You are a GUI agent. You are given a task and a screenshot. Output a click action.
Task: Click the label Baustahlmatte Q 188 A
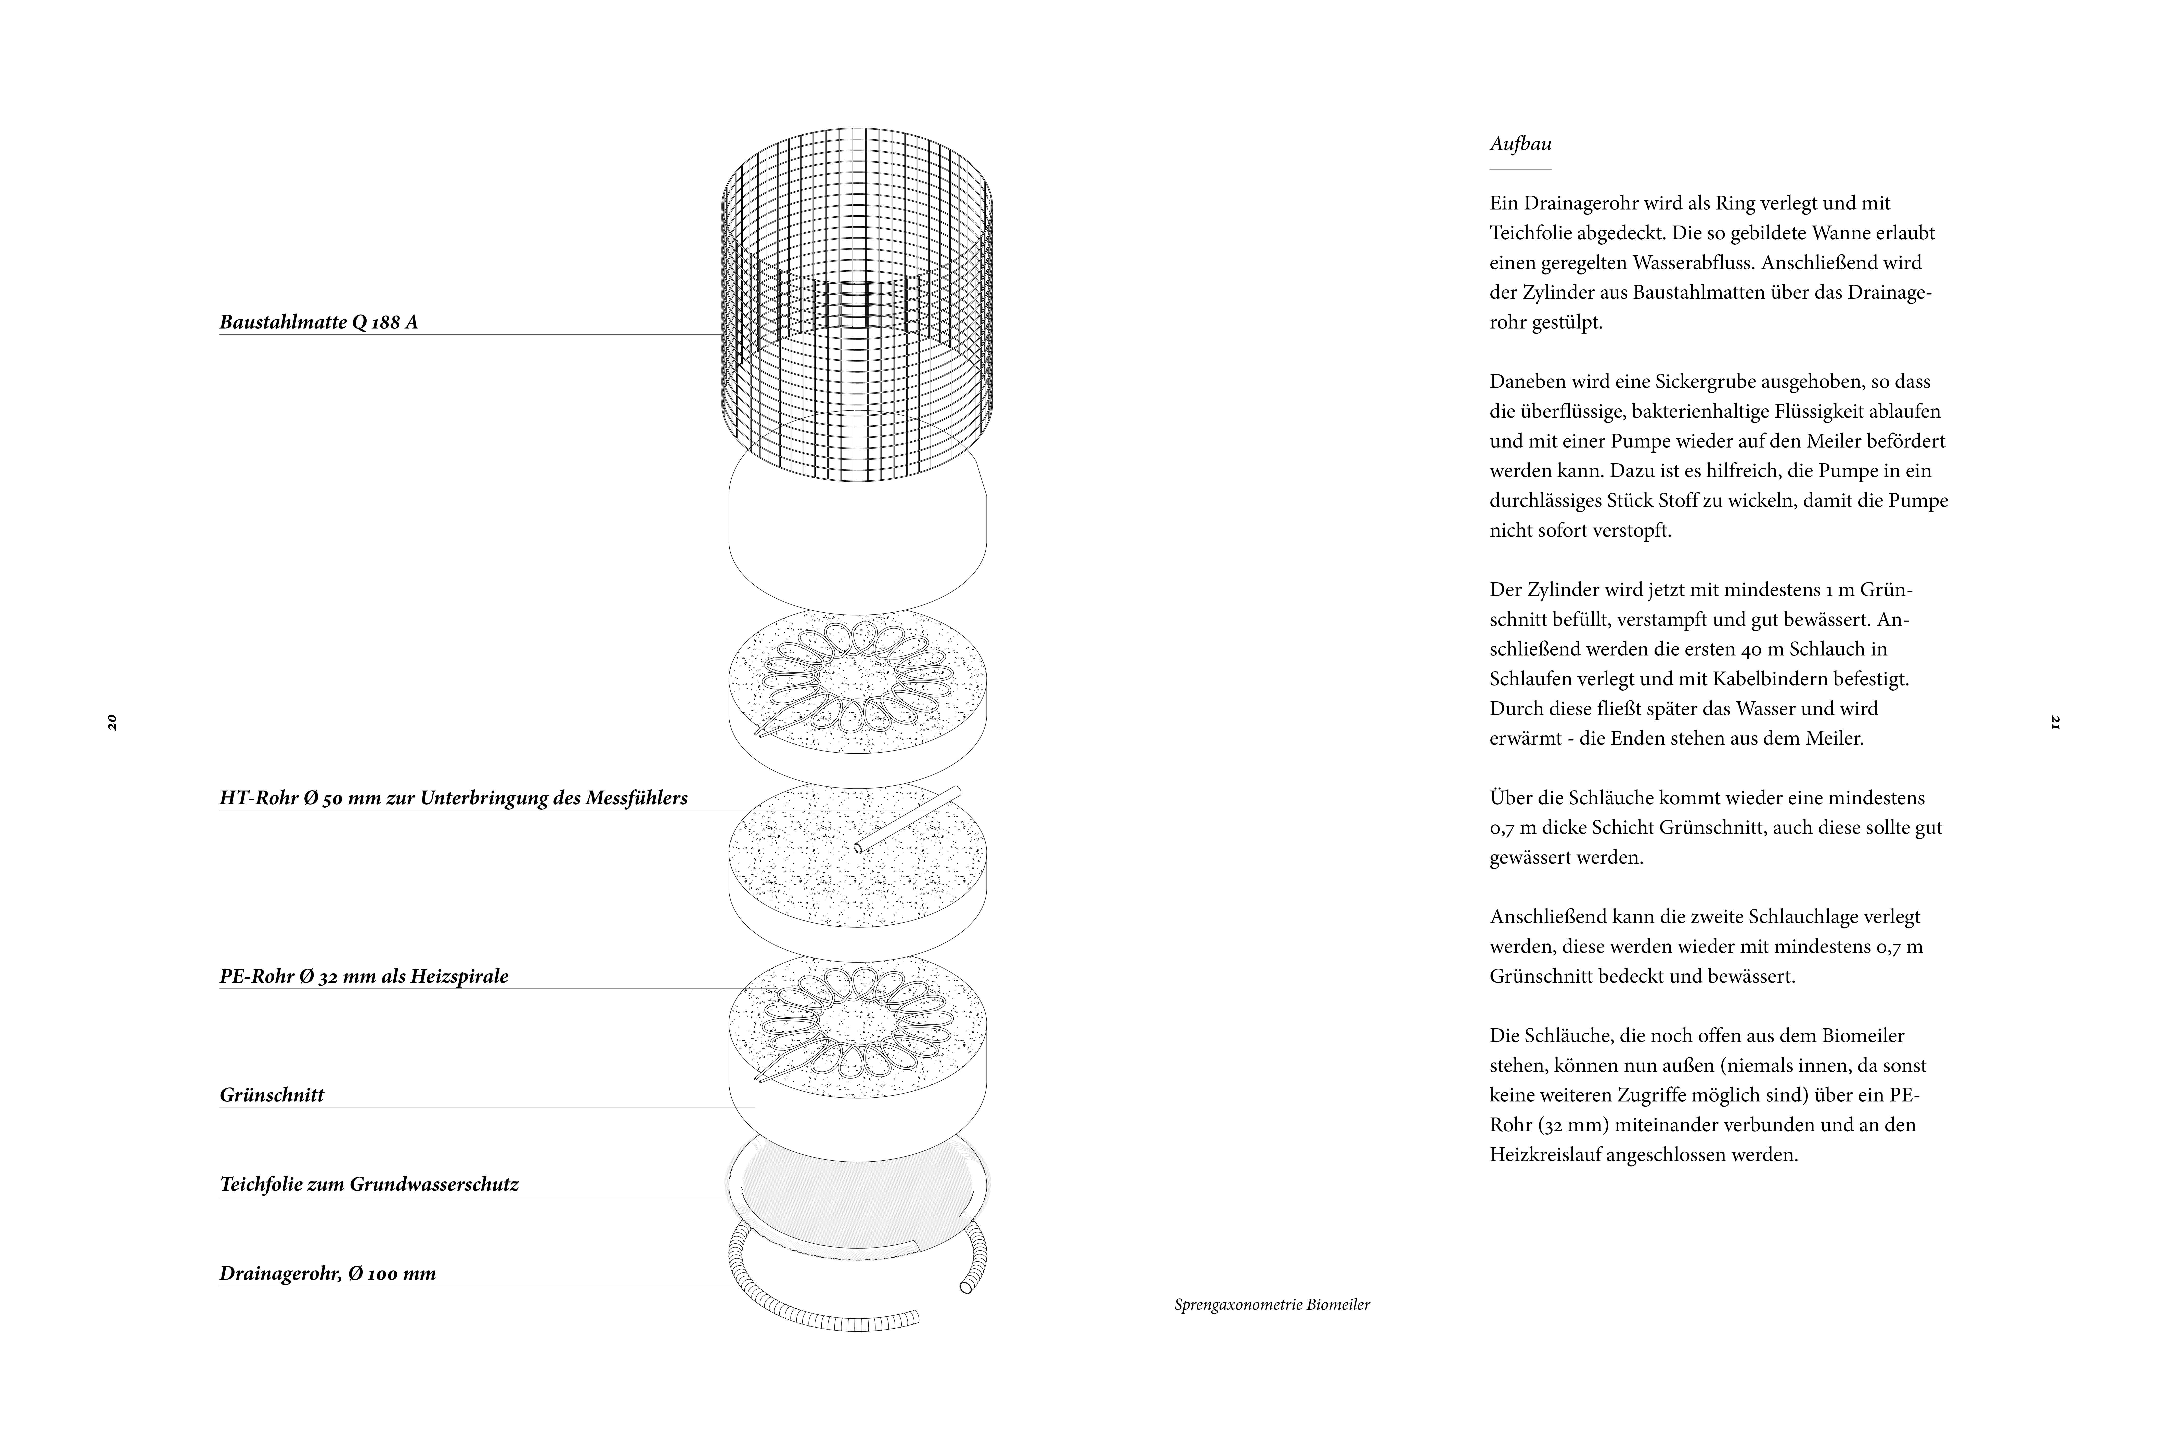click(318, 322)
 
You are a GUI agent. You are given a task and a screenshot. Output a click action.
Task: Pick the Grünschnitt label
click(272, 1095)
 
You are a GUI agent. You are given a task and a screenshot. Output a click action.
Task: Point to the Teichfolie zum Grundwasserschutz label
click(369, 1184)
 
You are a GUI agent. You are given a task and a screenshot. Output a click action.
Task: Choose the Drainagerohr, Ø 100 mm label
click(327, 1273)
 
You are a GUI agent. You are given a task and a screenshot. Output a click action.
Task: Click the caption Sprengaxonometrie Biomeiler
click(1272, 1305)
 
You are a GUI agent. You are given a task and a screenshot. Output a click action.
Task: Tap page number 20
click(111, 721)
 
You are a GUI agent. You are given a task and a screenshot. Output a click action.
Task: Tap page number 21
click(2055, 721)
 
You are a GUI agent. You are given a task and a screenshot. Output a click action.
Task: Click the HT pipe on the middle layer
click(908, 818)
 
